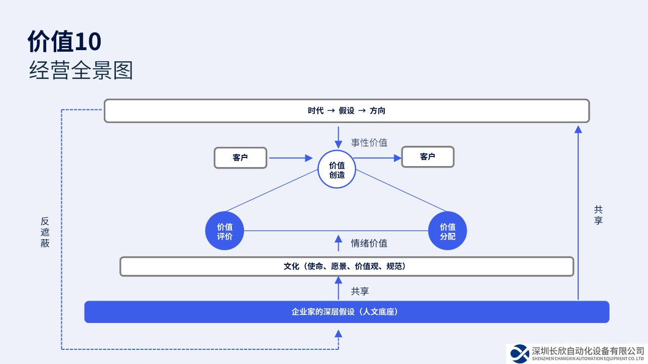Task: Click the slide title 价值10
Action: [x=64, y=42]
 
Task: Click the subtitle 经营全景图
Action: [x=81, y=70]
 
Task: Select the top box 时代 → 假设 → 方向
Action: [x=346, y=111]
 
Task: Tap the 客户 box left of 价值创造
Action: [x=240, y=158]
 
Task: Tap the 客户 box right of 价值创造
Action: [x=428, y=157]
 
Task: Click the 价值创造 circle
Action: [x=337, y=170]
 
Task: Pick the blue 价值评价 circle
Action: [x=225, y=231]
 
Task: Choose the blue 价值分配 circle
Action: [x=448, y=231]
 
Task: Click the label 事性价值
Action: [x=369, y=143]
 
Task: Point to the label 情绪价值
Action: [x=369, y=244]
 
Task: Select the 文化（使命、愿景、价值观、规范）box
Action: [x=346, y=266]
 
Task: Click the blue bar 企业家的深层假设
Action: [x=346, y=312]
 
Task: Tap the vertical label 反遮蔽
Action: [x=45, y=232]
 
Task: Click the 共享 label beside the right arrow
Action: [x=598, y=215]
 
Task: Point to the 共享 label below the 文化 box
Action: [x=360, y=292]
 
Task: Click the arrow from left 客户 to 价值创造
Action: [x=291, y=158]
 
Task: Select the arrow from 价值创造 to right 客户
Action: [x=378, y=158]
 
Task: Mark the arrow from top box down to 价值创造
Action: [x=338, y=137]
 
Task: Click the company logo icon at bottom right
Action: [x=519, y=353]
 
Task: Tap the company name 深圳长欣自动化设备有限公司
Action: [x=588, y=351]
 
